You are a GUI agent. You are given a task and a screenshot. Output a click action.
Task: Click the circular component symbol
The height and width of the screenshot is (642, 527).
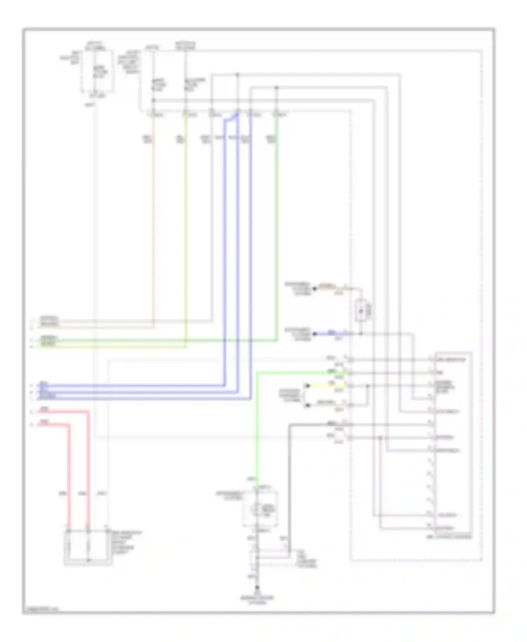[x=258, y=508]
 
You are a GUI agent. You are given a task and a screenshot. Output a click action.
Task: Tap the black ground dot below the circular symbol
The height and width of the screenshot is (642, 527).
[x=258, y=588]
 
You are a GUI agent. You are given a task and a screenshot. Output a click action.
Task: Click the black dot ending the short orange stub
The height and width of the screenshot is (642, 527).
[x=315, y=289]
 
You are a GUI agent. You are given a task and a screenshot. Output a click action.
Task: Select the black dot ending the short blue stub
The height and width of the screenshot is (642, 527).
[x=315, y=334]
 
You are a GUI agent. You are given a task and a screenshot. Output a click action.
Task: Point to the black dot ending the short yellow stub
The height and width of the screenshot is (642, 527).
[x=308, y=386]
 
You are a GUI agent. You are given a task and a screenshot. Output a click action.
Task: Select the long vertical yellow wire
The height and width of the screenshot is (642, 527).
[x=186, y=228]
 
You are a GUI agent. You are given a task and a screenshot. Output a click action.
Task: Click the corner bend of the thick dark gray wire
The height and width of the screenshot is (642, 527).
[x=289, y=426]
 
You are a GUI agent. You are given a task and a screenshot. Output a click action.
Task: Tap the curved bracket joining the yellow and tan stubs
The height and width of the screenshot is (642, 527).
[x=305, y=396]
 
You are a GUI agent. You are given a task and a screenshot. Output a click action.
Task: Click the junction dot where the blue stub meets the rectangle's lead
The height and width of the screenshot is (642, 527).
[x=361, y=334]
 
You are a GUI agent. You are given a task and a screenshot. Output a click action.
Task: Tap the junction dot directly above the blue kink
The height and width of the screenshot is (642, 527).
[x=238, y=75]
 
